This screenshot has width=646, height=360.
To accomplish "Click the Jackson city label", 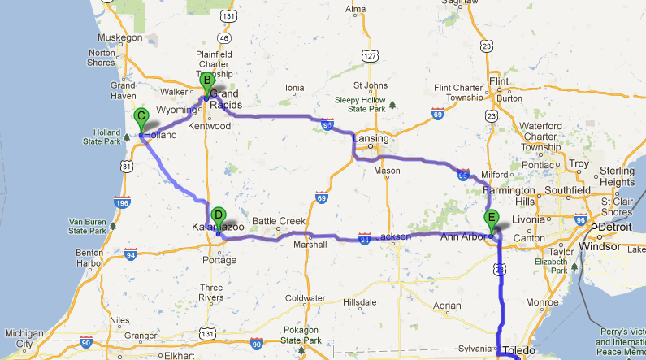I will click(x=393, y=236).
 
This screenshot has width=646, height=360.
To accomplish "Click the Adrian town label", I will click(x=447, y=306).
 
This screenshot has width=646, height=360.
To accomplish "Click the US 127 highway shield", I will click(x=371, y=55).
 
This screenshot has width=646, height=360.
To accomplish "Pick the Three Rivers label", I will click(x=211, y=293).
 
